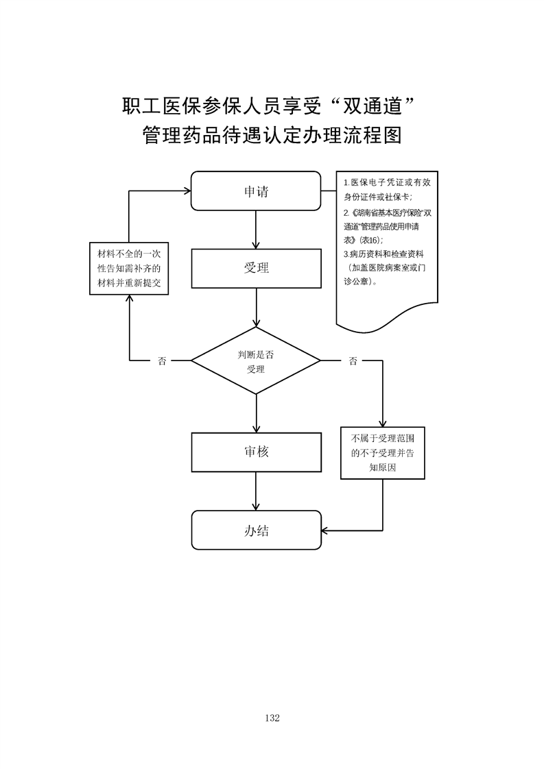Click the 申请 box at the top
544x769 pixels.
(x=255, y=191)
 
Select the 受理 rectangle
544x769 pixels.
(x=255, y=268)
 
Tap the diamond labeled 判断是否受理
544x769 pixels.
(x=255, y=361)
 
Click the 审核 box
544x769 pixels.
(x=255, y=452)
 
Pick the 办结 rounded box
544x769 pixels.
(x=255, y=530)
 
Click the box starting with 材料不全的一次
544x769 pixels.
(x=130, y=269)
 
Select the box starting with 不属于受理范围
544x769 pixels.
(x=382, y=452)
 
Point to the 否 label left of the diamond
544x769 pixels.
(x=162, y=361)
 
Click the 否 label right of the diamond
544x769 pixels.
(x=353, y=361)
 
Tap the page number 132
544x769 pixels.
(x=272, y=718)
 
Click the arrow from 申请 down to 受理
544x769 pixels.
(x=256, y=230)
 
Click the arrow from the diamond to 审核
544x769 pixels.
(x=256, y=413)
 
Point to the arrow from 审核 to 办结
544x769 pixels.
(x=256, y=491)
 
